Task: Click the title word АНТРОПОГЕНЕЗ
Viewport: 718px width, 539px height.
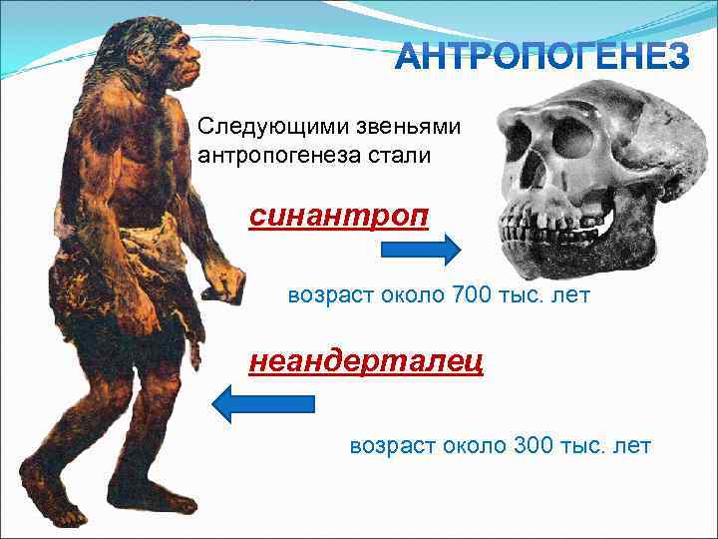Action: coord(542,58)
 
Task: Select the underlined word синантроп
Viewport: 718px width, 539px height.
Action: coord(339,216)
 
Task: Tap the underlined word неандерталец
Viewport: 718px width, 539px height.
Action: coord(366,360)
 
